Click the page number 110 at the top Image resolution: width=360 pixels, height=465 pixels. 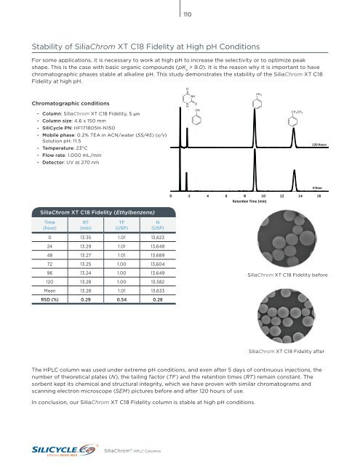click(x=185, y=14)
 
